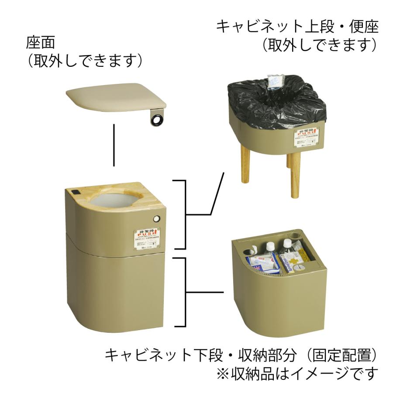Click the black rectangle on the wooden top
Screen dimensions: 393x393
click(x=75, y=192)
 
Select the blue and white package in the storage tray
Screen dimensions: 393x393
click(x=262, y=264)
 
